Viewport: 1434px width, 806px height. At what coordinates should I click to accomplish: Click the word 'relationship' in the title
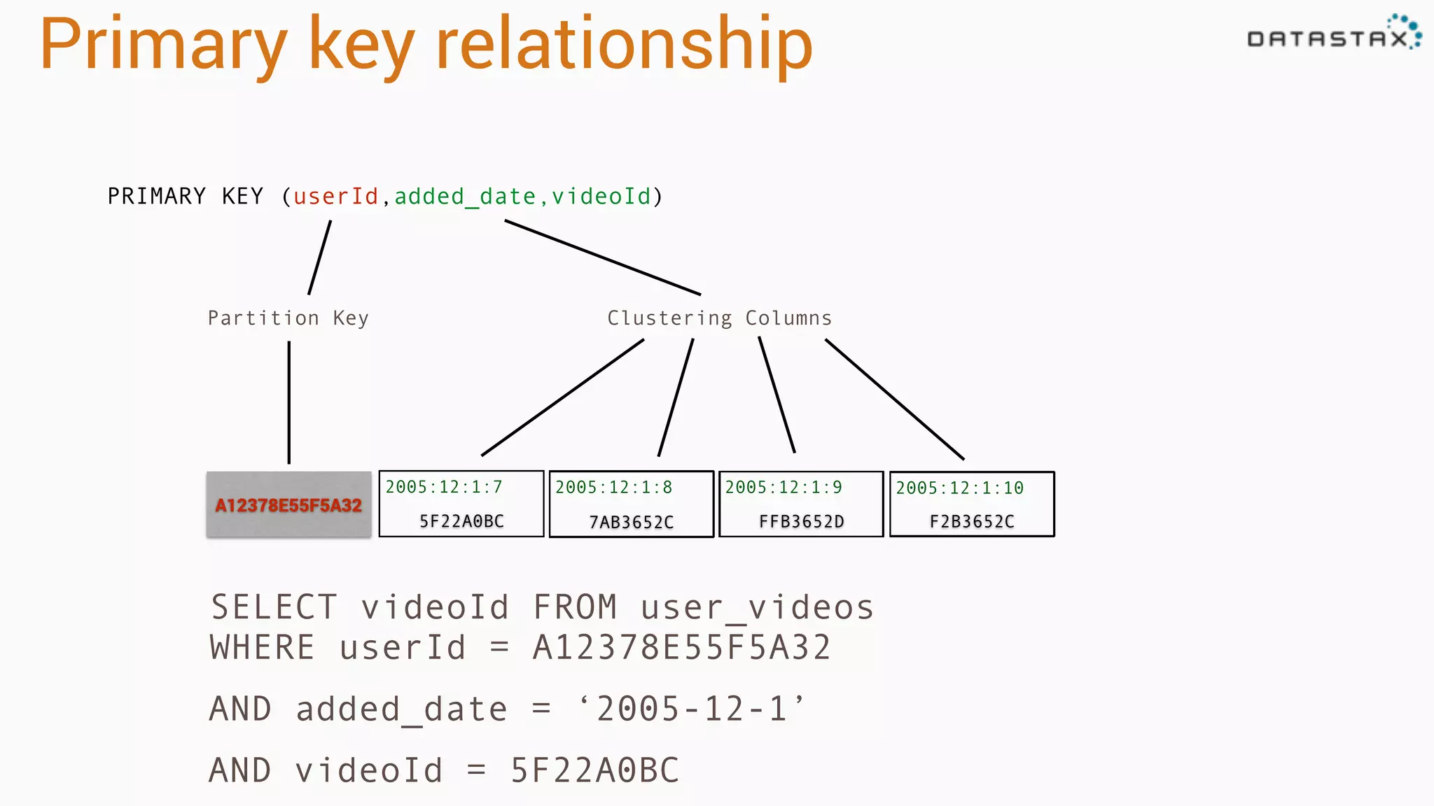(624, 45)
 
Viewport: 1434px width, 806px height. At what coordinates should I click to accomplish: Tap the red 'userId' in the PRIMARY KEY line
(335, 197)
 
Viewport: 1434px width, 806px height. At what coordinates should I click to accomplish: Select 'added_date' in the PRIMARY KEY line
(465, 197)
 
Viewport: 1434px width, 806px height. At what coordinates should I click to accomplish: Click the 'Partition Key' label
(288, 318)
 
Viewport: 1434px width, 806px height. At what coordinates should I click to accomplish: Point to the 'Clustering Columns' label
(719, 318)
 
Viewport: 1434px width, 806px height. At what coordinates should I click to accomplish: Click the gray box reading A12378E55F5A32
(288, 505)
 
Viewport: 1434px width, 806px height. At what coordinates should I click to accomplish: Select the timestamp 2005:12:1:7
(444, 487)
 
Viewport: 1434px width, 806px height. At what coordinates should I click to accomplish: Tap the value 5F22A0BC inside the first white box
(461, 521)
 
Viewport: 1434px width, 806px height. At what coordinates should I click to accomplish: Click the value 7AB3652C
(631, 522)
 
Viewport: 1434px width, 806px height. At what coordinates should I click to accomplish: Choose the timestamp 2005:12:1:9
(784, 487)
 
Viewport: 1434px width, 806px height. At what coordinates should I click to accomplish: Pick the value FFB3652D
(802, 521)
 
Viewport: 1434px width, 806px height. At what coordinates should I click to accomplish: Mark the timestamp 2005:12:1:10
(959, 488)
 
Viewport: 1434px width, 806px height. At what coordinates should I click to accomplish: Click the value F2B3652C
(972, 521)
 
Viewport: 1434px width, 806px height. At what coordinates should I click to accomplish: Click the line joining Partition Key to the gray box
(288, 402)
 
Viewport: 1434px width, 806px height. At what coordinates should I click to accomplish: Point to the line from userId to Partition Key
(319, 257)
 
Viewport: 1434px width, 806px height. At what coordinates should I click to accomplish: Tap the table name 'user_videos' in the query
(757, 607)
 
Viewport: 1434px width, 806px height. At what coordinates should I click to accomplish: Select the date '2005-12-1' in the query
(692, 709)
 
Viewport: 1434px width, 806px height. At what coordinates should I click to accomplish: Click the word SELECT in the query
(274, 607)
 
